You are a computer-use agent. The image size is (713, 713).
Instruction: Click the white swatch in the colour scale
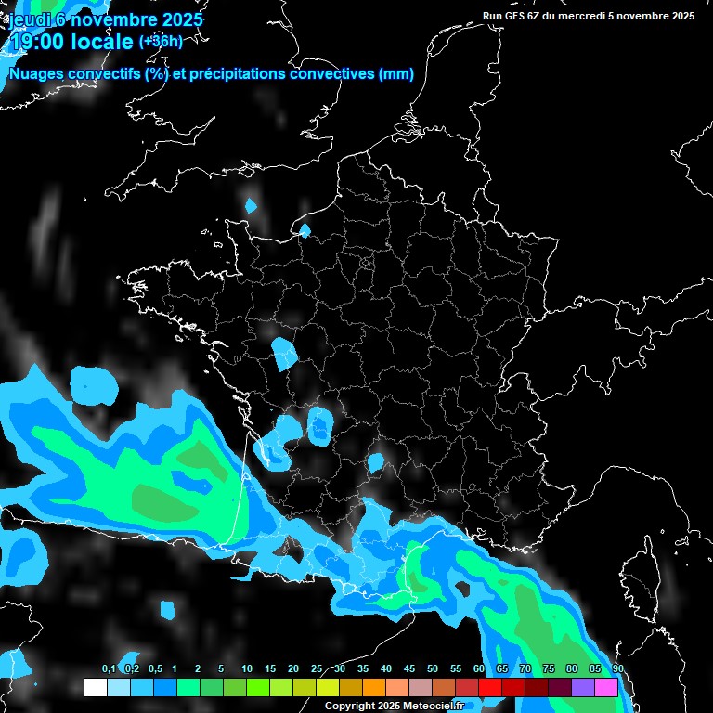(95, 687)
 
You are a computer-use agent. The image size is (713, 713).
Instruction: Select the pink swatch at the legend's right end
(606, 687)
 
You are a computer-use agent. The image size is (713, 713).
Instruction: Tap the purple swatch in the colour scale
(583, 687)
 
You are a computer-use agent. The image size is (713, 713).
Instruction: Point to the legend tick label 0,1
(109, 669)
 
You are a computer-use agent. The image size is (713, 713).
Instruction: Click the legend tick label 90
(617, 669)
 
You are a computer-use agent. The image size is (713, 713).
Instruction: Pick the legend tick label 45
(409, 669)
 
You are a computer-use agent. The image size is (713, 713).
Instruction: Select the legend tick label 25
(317, 669)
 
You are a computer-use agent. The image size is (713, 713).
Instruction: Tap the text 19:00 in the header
(35, 42)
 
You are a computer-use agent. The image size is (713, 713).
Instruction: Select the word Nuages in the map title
(34, 74)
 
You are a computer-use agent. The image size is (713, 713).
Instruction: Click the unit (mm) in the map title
(396, 74)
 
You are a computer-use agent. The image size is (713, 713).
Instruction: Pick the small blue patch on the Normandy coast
(304, 229)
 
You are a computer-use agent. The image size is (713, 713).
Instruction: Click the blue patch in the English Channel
(251, 205)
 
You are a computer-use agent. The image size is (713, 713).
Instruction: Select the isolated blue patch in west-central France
(284, 353)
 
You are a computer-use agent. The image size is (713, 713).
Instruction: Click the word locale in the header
(100, 42)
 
